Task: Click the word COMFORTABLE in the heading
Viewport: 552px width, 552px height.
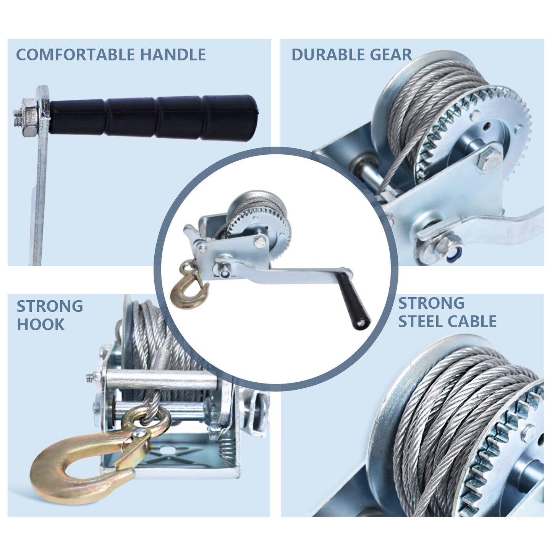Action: (x=75, y=55)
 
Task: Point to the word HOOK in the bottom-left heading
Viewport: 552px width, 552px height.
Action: (x=41, y=325)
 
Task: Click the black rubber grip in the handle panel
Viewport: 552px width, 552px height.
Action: (x=154, y=118)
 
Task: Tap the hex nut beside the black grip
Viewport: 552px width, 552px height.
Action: (x=29, y=117)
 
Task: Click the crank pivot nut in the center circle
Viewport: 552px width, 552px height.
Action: (x=224, y=270)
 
